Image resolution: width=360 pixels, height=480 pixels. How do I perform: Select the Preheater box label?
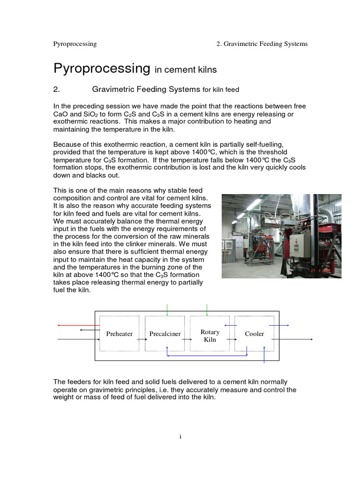(x=119, y=334)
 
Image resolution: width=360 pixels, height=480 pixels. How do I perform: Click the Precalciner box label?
(x=165, y=334)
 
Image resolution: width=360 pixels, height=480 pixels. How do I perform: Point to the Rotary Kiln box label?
(x=210, y=336)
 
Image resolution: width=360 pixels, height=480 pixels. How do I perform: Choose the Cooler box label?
(x=254, y=334)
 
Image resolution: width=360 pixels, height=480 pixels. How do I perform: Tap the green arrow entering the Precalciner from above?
(x=167, y=309)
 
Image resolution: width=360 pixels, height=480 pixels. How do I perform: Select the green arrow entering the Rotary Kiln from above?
(x=207, y=309)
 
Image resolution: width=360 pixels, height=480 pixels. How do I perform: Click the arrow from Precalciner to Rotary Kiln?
(x=185, y=338)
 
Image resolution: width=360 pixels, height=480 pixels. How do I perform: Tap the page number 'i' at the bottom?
(x=180, y=437)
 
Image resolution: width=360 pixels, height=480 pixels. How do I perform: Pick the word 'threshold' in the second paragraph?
(x=274, y=153)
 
